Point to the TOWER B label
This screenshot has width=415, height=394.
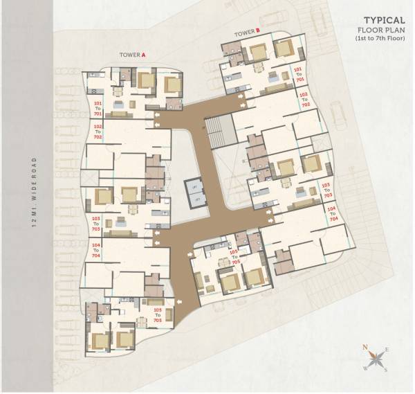click(246, 32)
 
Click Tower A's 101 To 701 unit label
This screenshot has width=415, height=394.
click(97, 109)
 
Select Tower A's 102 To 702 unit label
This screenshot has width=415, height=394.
click(98, 132)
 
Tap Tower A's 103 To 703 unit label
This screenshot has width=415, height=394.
click(96, 223)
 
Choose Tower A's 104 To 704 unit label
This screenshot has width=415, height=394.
click(96, 250)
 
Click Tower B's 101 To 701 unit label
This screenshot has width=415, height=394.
click(299, 75)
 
